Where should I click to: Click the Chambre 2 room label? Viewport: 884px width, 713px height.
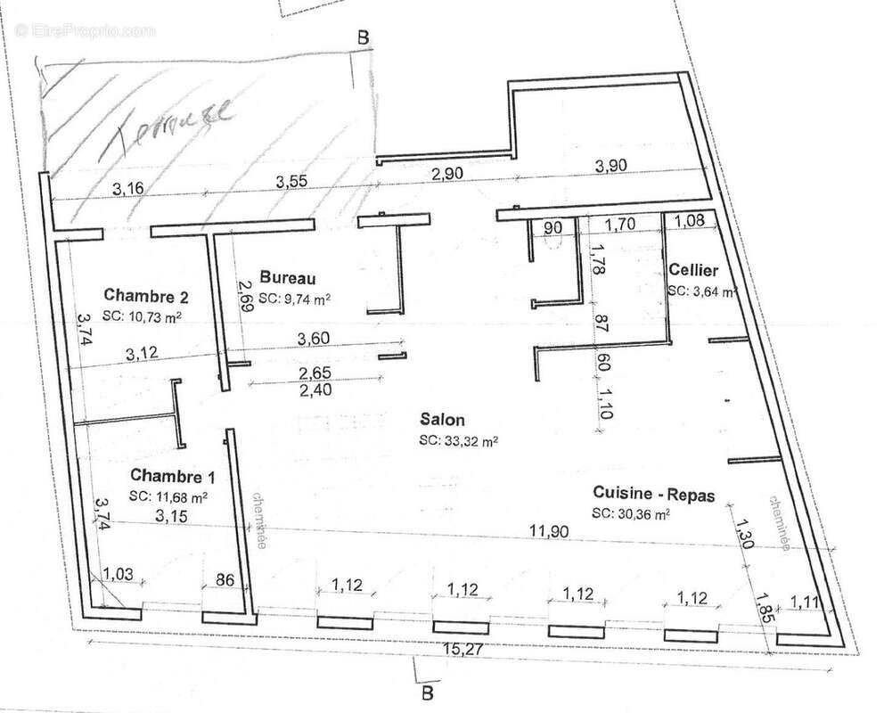(x=144, y=294)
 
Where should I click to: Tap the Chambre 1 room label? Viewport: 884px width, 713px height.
(x=169, y=475)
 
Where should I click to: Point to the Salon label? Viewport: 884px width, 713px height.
(x=441, y=420)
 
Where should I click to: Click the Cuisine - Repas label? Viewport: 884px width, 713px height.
(x=653, y=495)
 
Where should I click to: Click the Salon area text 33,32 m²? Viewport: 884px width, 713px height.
(x=458, y=440)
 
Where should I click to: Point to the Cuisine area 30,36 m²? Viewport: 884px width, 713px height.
(x=630, y=513)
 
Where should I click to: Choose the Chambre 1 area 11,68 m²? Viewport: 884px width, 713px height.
(x=168, y=496)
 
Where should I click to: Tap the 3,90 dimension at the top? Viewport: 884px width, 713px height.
(x=611, y=167)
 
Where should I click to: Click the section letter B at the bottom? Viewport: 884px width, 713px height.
(x=427, y=692)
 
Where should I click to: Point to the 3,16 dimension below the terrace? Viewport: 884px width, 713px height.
(x=129, y=187)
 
